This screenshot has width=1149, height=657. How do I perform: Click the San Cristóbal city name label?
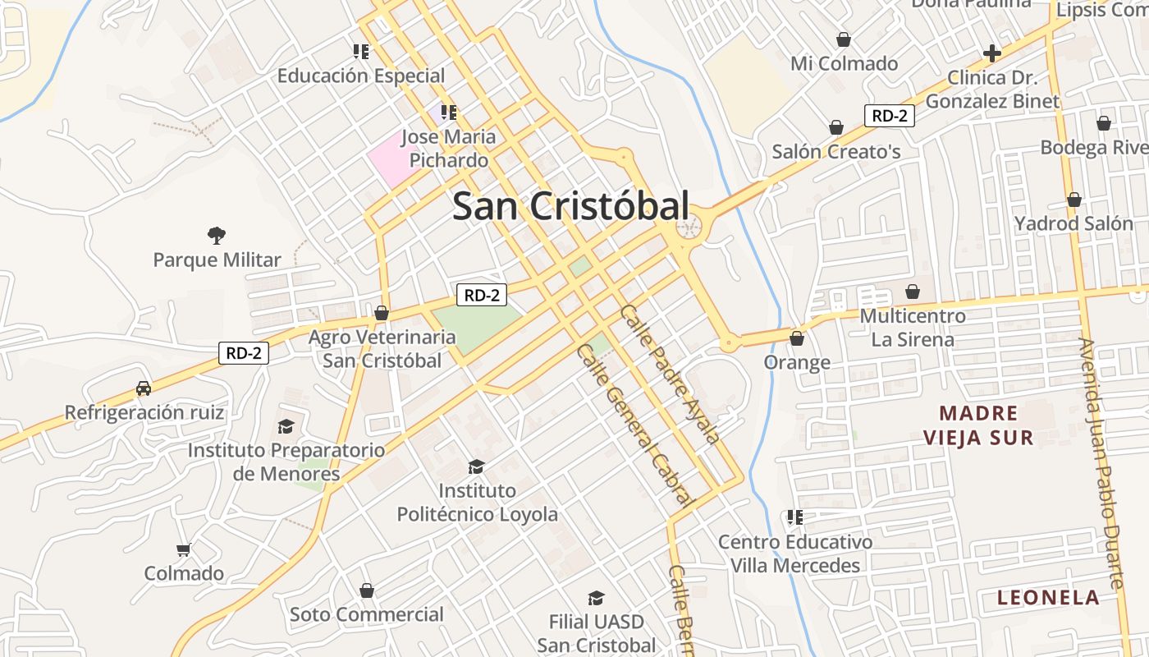[570, 206]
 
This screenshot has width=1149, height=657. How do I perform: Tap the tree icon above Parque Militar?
[217, 237]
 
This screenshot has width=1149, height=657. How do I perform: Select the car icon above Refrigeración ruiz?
[144, 388]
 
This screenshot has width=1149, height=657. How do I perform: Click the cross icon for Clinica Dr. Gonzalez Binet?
[992, 54]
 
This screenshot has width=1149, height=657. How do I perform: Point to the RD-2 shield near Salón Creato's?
[889, 116]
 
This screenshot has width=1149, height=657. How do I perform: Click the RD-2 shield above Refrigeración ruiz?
[244, 354]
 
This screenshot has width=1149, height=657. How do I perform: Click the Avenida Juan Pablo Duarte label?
[1101, 463]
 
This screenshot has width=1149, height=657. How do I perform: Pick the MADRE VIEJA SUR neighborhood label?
[977, 425]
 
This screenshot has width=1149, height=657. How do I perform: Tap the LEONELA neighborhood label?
[1048, 598]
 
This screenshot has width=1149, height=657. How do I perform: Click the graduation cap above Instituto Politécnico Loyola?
[476, 467]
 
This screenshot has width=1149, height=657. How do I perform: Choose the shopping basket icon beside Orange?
[796, 338]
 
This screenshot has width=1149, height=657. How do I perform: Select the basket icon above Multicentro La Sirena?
[912, 292]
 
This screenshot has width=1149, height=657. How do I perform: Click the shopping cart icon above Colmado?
[184, 549]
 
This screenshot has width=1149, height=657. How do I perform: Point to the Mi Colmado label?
[844, 63]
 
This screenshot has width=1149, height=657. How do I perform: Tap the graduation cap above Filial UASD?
[596, 598]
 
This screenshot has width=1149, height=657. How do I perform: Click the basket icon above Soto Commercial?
[367, 590]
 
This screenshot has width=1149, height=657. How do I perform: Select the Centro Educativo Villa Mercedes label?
[794, 554]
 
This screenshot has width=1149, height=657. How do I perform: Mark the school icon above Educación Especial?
[360, 52]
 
